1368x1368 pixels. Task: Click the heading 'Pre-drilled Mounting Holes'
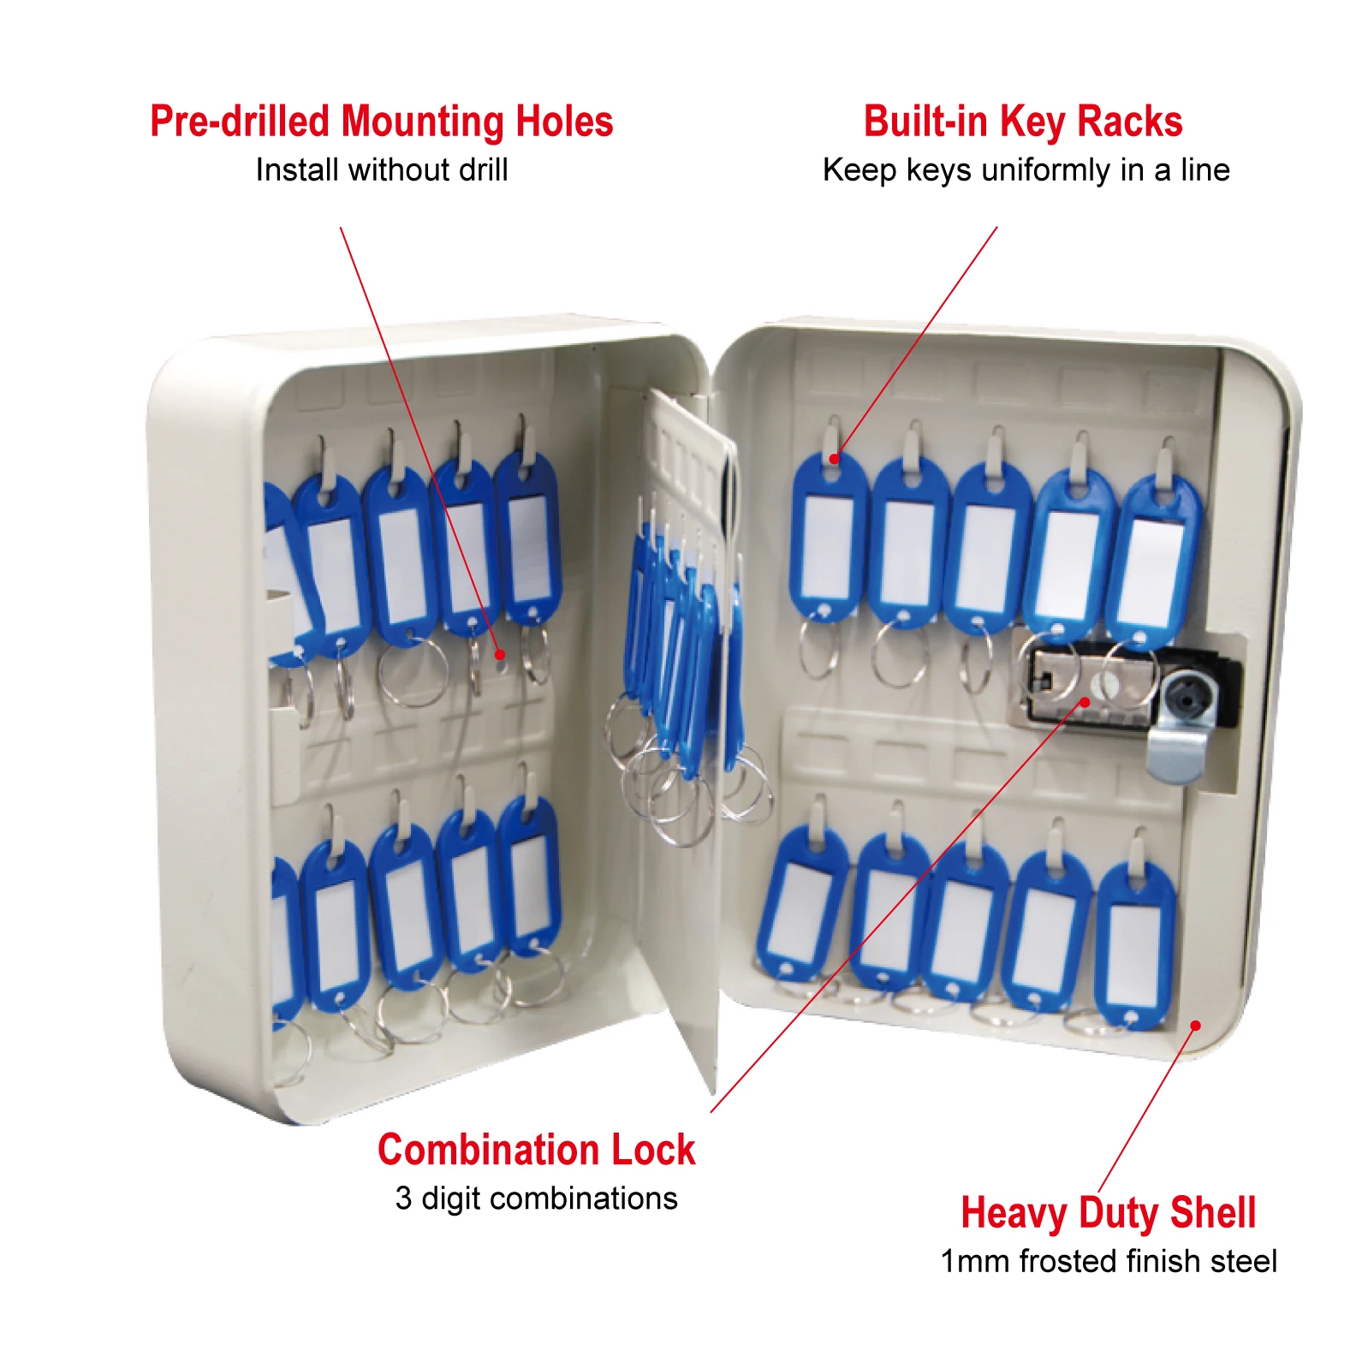point(381,122)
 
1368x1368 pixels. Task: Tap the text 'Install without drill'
point(382,170)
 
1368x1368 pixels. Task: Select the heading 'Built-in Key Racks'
point(1023,122)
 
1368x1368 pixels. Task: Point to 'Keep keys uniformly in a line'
point(1026,170)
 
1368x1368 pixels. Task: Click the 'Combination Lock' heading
point(536,1149)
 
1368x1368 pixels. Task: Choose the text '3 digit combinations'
point(536,1198)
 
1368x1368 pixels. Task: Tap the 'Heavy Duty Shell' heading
point(1108,1212)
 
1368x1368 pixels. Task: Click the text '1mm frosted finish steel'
point(1109,1261)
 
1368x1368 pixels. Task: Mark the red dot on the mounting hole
point(500,655)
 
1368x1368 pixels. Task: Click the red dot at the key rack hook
point(835,459)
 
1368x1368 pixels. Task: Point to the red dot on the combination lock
point(1085,702)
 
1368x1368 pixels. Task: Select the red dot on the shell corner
point(1195,1025)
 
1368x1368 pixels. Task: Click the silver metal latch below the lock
point(1179,753)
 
